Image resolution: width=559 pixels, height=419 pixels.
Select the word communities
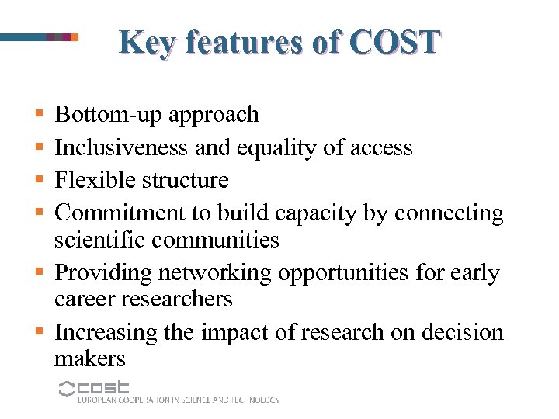click(x=215, y=241)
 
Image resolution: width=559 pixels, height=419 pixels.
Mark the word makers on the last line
click(x=89, y=358)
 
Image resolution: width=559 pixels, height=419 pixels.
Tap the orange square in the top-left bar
click(x=75, y=36)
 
